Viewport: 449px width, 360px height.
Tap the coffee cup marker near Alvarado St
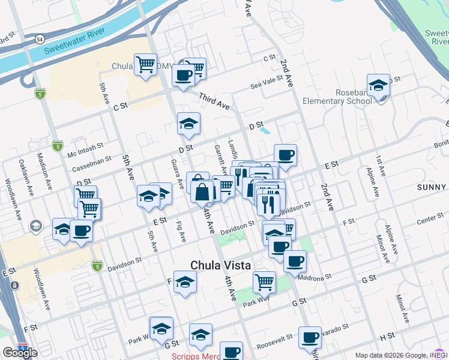click(310, 337)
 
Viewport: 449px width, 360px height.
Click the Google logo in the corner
click(20, 353)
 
